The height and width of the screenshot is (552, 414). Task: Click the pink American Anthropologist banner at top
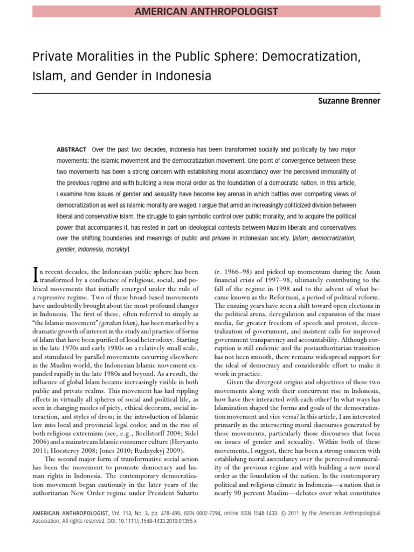coord(207,11)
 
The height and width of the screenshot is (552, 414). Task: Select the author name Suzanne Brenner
coord(350,101)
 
